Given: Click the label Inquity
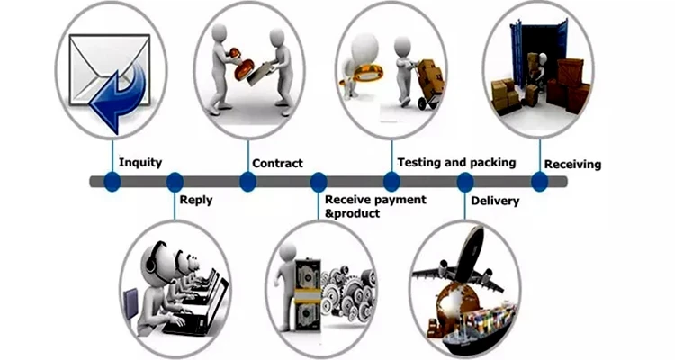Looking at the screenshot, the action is (140, 163).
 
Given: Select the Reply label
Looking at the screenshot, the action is (196, 200).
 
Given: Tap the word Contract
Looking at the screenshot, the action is (277, 163).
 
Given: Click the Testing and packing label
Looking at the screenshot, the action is (456, 162).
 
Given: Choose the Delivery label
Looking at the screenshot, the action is (495, 201).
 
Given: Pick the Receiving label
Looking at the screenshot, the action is (572, 165).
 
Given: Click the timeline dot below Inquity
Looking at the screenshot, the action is (112, 182).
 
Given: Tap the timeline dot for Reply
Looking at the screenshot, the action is (175, 182).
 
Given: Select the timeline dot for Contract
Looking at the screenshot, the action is (247, 182).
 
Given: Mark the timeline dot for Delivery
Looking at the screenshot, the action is (465, 182).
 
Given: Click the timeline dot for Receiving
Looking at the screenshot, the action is (539, 182).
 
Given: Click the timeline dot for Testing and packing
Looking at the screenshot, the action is (392, 182).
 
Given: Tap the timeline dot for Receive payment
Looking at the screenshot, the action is (319, 182).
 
